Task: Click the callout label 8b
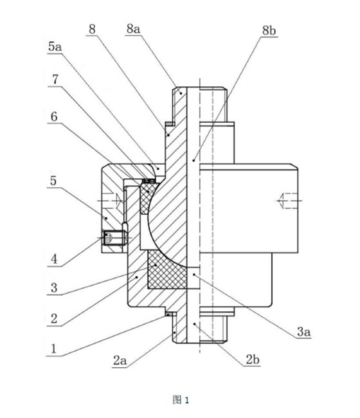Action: coord(269,31)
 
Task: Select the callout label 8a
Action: coord(133,29)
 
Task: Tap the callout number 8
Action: coord(92,29)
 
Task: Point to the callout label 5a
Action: coord(55,47)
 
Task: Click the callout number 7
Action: coord(55,79)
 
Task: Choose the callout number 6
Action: coord(54,116)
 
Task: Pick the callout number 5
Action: coord(53,181)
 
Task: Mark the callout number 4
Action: coord(54,259)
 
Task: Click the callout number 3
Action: coord(54,287)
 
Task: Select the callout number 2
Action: coord(54,318)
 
